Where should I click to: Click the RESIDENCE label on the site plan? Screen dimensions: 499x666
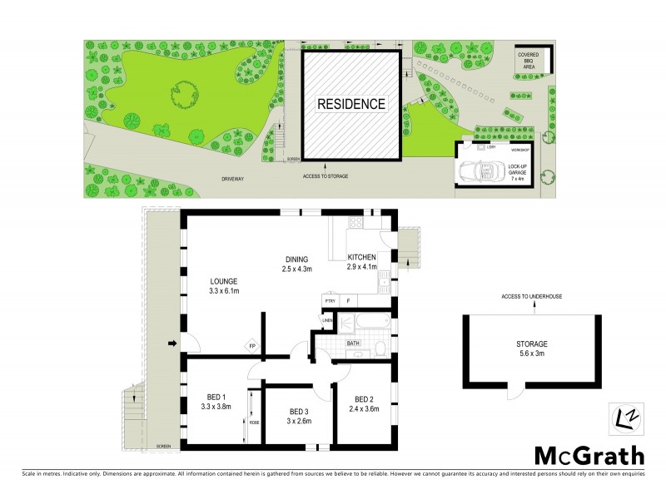coord(350,104)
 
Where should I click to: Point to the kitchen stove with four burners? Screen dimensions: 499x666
coord(356,223)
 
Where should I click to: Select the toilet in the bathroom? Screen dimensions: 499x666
coord(379,347)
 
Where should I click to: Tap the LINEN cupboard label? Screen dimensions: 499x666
coord(327,320)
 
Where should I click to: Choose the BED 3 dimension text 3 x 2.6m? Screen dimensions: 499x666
coord(300,422)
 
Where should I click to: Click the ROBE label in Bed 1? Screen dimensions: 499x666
coord(254,422)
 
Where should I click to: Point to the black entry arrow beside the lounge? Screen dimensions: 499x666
coord(172,343)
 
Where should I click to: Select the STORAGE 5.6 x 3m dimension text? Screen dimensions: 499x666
coord(530,353)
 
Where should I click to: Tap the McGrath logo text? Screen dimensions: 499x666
coord(589,455)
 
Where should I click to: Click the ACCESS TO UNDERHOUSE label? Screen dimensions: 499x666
coord(534,296)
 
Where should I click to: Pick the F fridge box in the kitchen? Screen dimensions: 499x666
coord(348,300)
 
